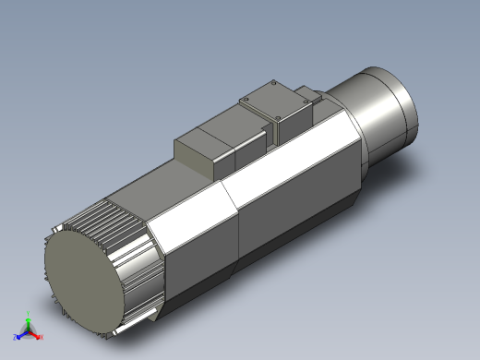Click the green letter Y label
point(29,312)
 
